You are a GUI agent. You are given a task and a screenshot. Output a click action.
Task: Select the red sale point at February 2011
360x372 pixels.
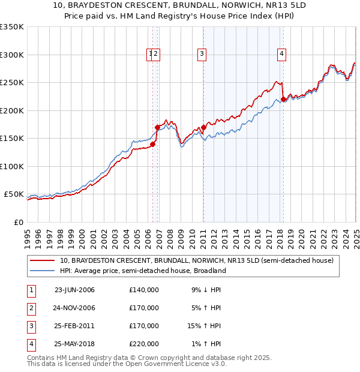[204, 127]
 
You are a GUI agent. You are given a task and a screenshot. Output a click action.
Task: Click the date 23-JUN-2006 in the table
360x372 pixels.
[74, 290]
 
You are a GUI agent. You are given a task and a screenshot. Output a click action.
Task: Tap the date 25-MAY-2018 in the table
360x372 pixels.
[74, 344]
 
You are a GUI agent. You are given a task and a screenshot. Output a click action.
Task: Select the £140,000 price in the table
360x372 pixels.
[144, 290]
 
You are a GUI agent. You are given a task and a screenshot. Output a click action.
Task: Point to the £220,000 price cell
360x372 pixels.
[144, 344]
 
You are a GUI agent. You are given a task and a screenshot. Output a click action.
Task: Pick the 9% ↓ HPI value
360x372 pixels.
[206, 290]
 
